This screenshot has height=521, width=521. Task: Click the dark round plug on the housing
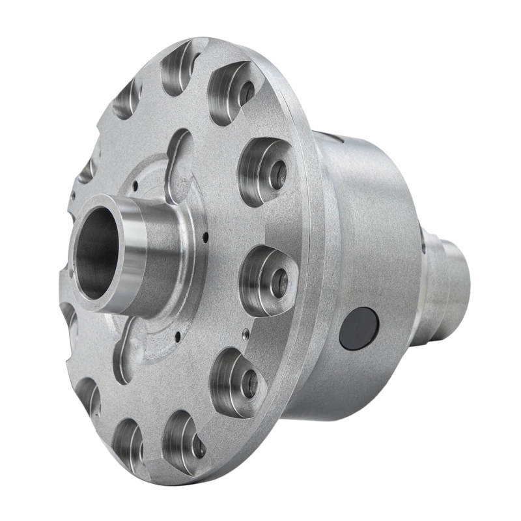coord(359,329)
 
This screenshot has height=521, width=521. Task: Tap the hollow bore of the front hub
coord(96,253)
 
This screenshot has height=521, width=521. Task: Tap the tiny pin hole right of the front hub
coord(204,236)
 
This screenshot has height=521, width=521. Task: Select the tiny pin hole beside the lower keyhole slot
coord(176,337)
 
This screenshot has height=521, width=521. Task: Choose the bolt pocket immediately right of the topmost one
coord(232,91)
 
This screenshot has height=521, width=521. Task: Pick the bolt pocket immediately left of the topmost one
coord(128,98)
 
